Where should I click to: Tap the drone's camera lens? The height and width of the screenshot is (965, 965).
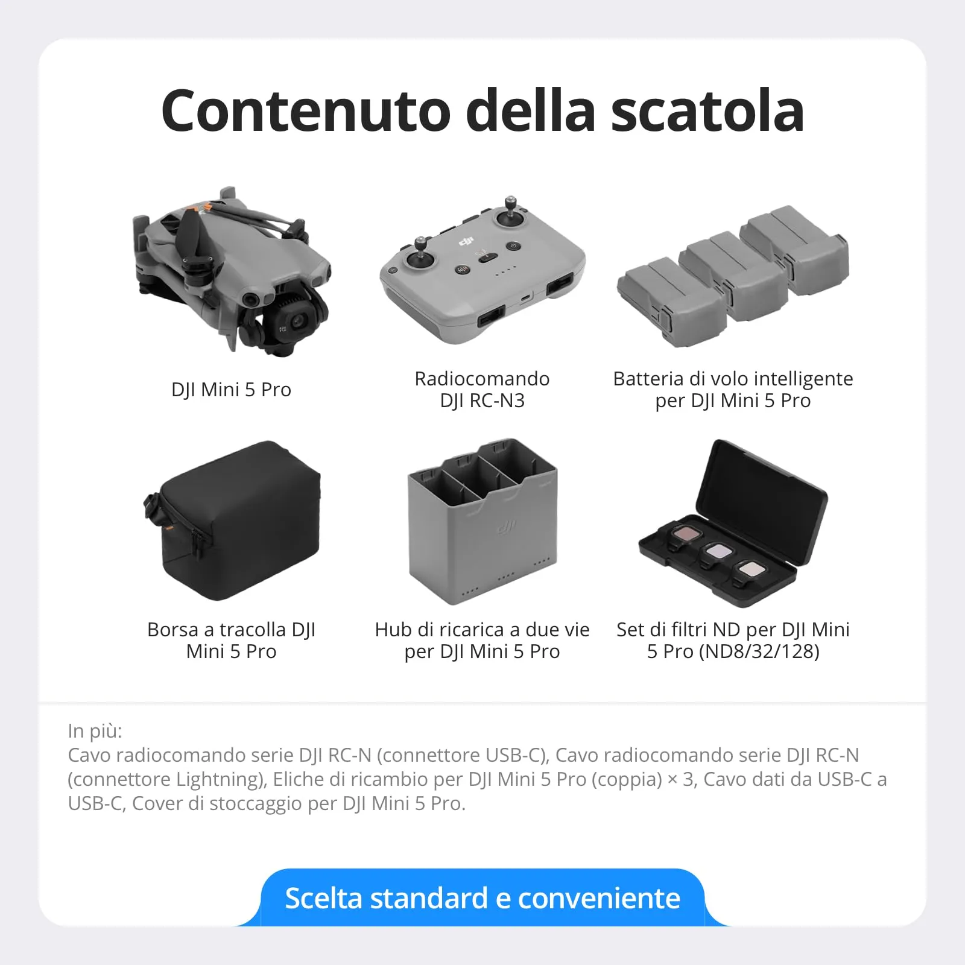[298, 321]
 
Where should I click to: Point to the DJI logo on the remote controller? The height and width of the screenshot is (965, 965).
[466, 241]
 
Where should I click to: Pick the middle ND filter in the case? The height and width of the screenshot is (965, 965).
[718, 551]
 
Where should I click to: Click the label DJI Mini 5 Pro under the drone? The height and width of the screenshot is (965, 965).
[231, 390]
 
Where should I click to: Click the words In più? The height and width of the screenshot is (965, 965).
[95, 731]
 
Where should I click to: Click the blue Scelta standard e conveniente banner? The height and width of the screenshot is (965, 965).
[482, 898]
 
